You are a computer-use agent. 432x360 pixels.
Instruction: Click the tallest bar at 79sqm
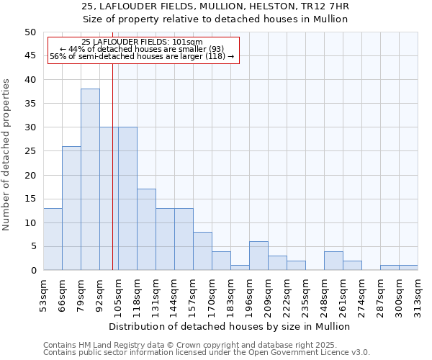point(90,179)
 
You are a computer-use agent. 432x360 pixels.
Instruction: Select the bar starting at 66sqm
point(71,208)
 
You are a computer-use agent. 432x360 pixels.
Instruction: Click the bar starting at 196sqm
point(258,256)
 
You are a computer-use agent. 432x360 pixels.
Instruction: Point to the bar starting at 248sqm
point(333,261)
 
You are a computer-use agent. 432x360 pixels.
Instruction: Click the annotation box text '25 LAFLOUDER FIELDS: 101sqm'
point(142,42)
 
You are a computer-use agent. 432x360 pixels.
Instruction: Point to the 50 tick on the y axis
point(30,32)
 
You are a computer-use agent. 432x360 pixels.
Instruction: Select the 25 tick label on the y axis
point(30,151)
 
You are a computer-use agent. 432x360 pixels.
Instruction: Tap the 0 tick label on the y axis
point(32,271)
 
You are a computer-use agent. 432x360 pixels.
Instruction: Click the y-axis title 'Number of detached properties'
point(6,156)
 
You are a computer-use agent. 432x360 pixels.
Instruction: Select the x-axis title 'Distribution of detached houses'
point(230,326)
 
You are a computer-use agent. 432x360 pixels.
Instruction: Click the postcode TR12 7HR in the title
point(328,6)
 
